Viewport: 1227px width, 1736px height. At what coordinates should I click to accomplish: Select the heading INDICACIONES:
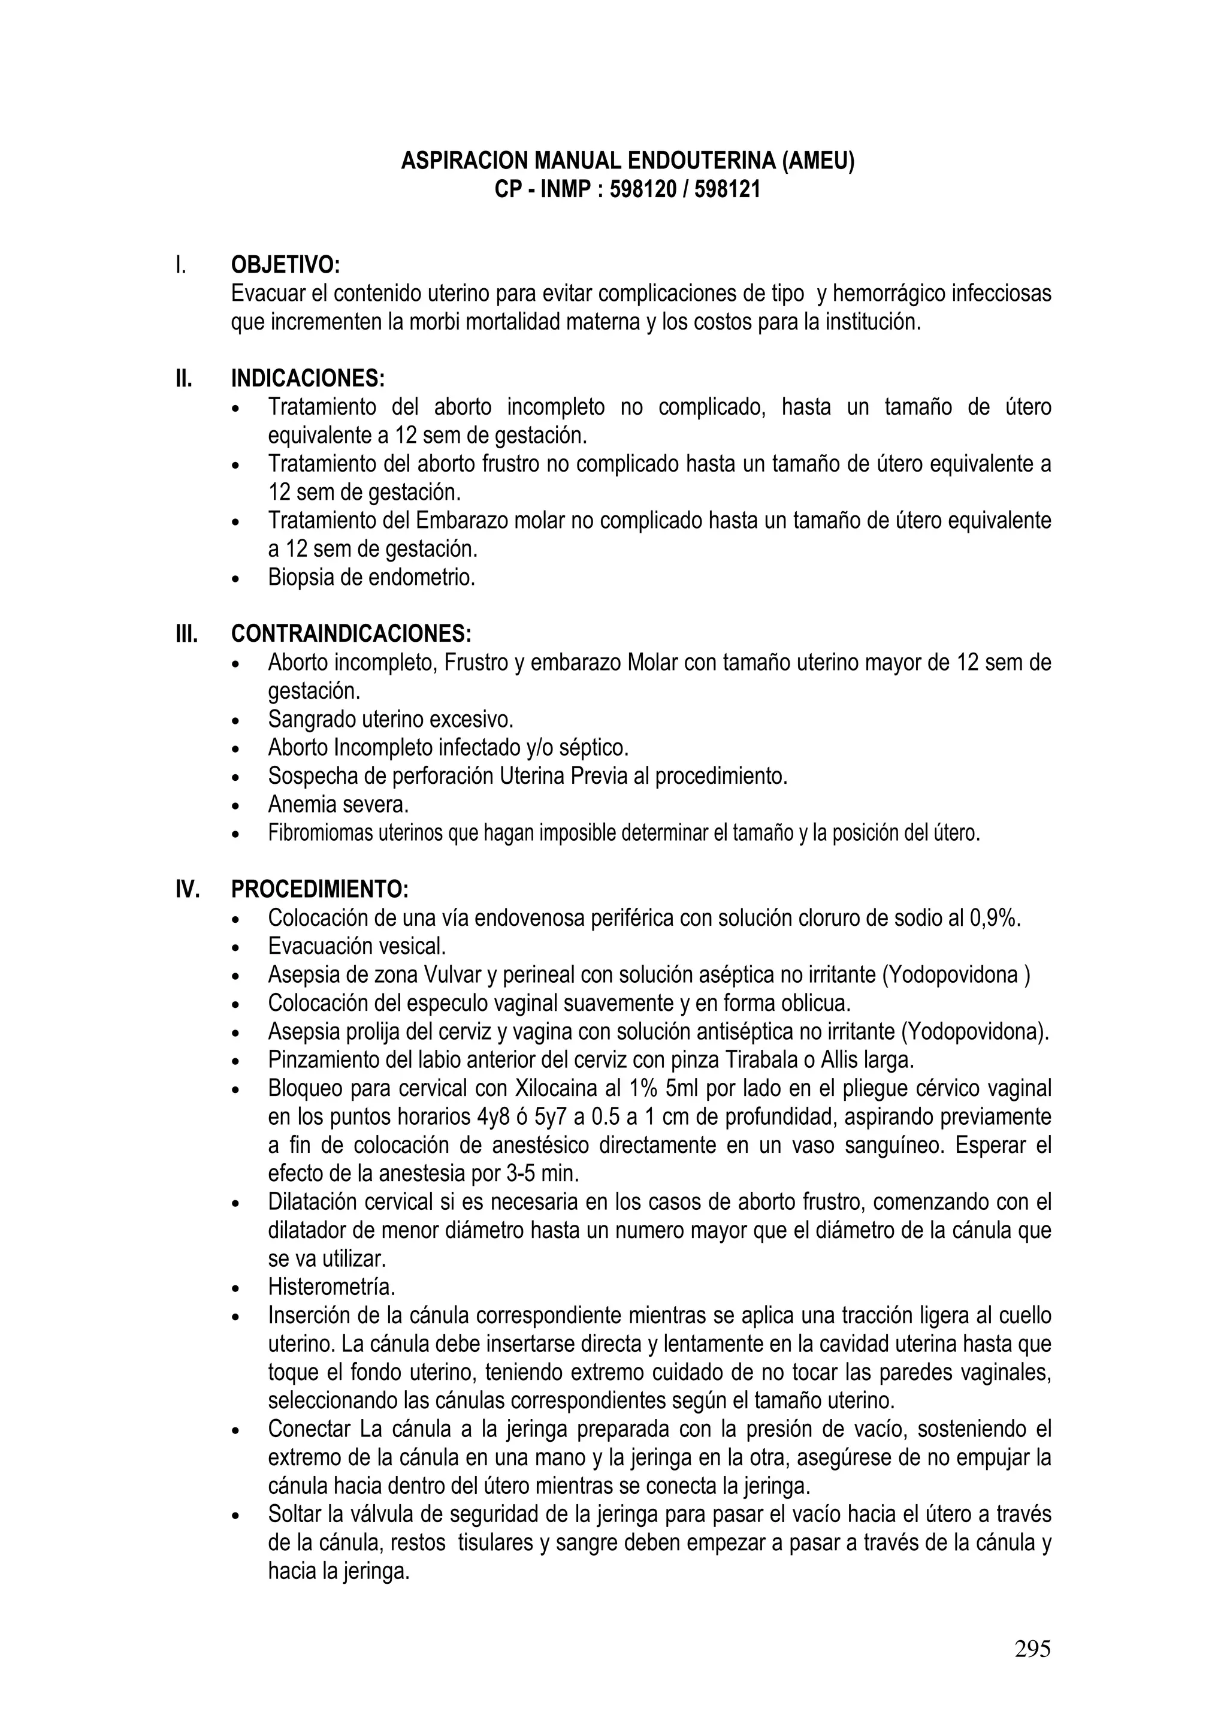pos(308,378)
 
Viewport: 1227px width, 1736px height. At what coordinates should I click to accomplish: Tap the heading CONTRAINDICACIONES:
pos(351,633)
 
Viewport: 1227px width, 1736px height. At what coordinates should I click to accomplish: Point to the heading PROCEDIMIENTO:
pos(319,889)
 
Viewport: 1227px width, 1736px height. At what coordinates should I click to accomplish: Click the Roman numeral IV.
pos(188,889)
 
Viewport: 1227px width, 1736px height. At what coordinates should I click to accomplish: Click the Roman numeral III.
pos(187,633)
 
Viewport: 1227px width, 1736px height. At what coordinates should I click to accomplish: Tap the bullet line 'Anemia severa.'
pos(338,805)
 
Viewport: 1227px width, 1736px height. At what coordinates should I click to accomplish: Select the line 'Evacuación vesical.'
pos(357,946)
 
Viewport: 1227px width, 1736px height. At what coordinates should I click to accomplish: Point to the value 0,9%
pos(994,918)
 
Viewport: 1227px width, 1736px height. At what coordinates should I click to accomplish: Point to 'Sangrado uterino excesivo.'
pos(390,719)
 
